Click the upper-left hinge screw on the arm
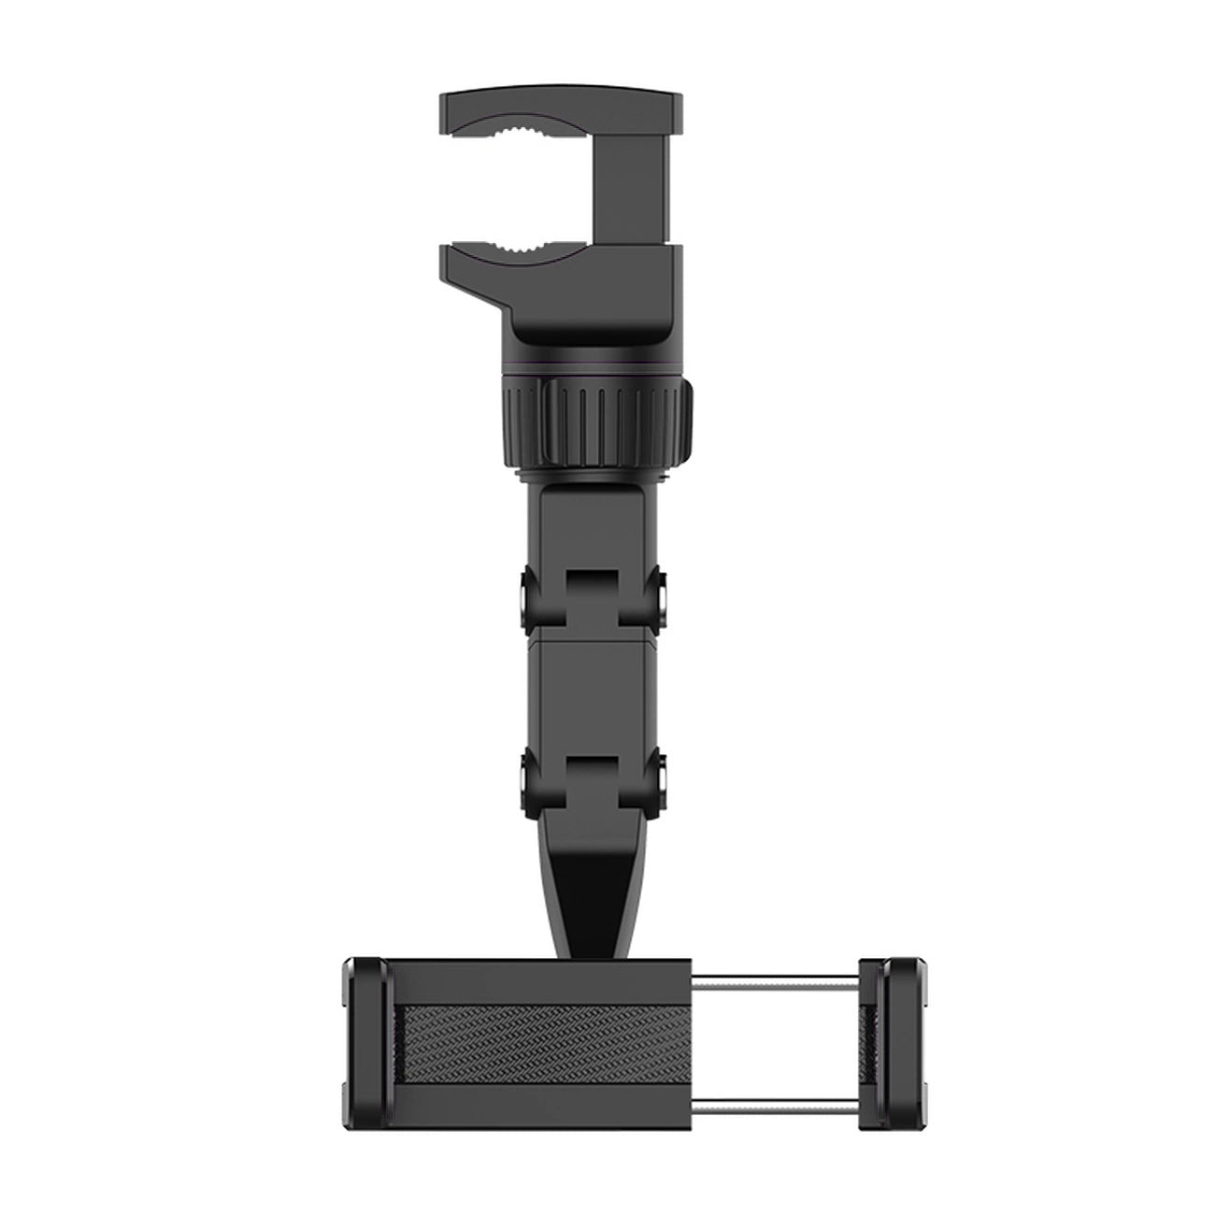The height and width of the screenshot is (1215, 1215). (529, 599)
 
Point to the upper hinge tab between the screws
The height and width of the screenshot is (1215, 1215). (597, 603)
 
